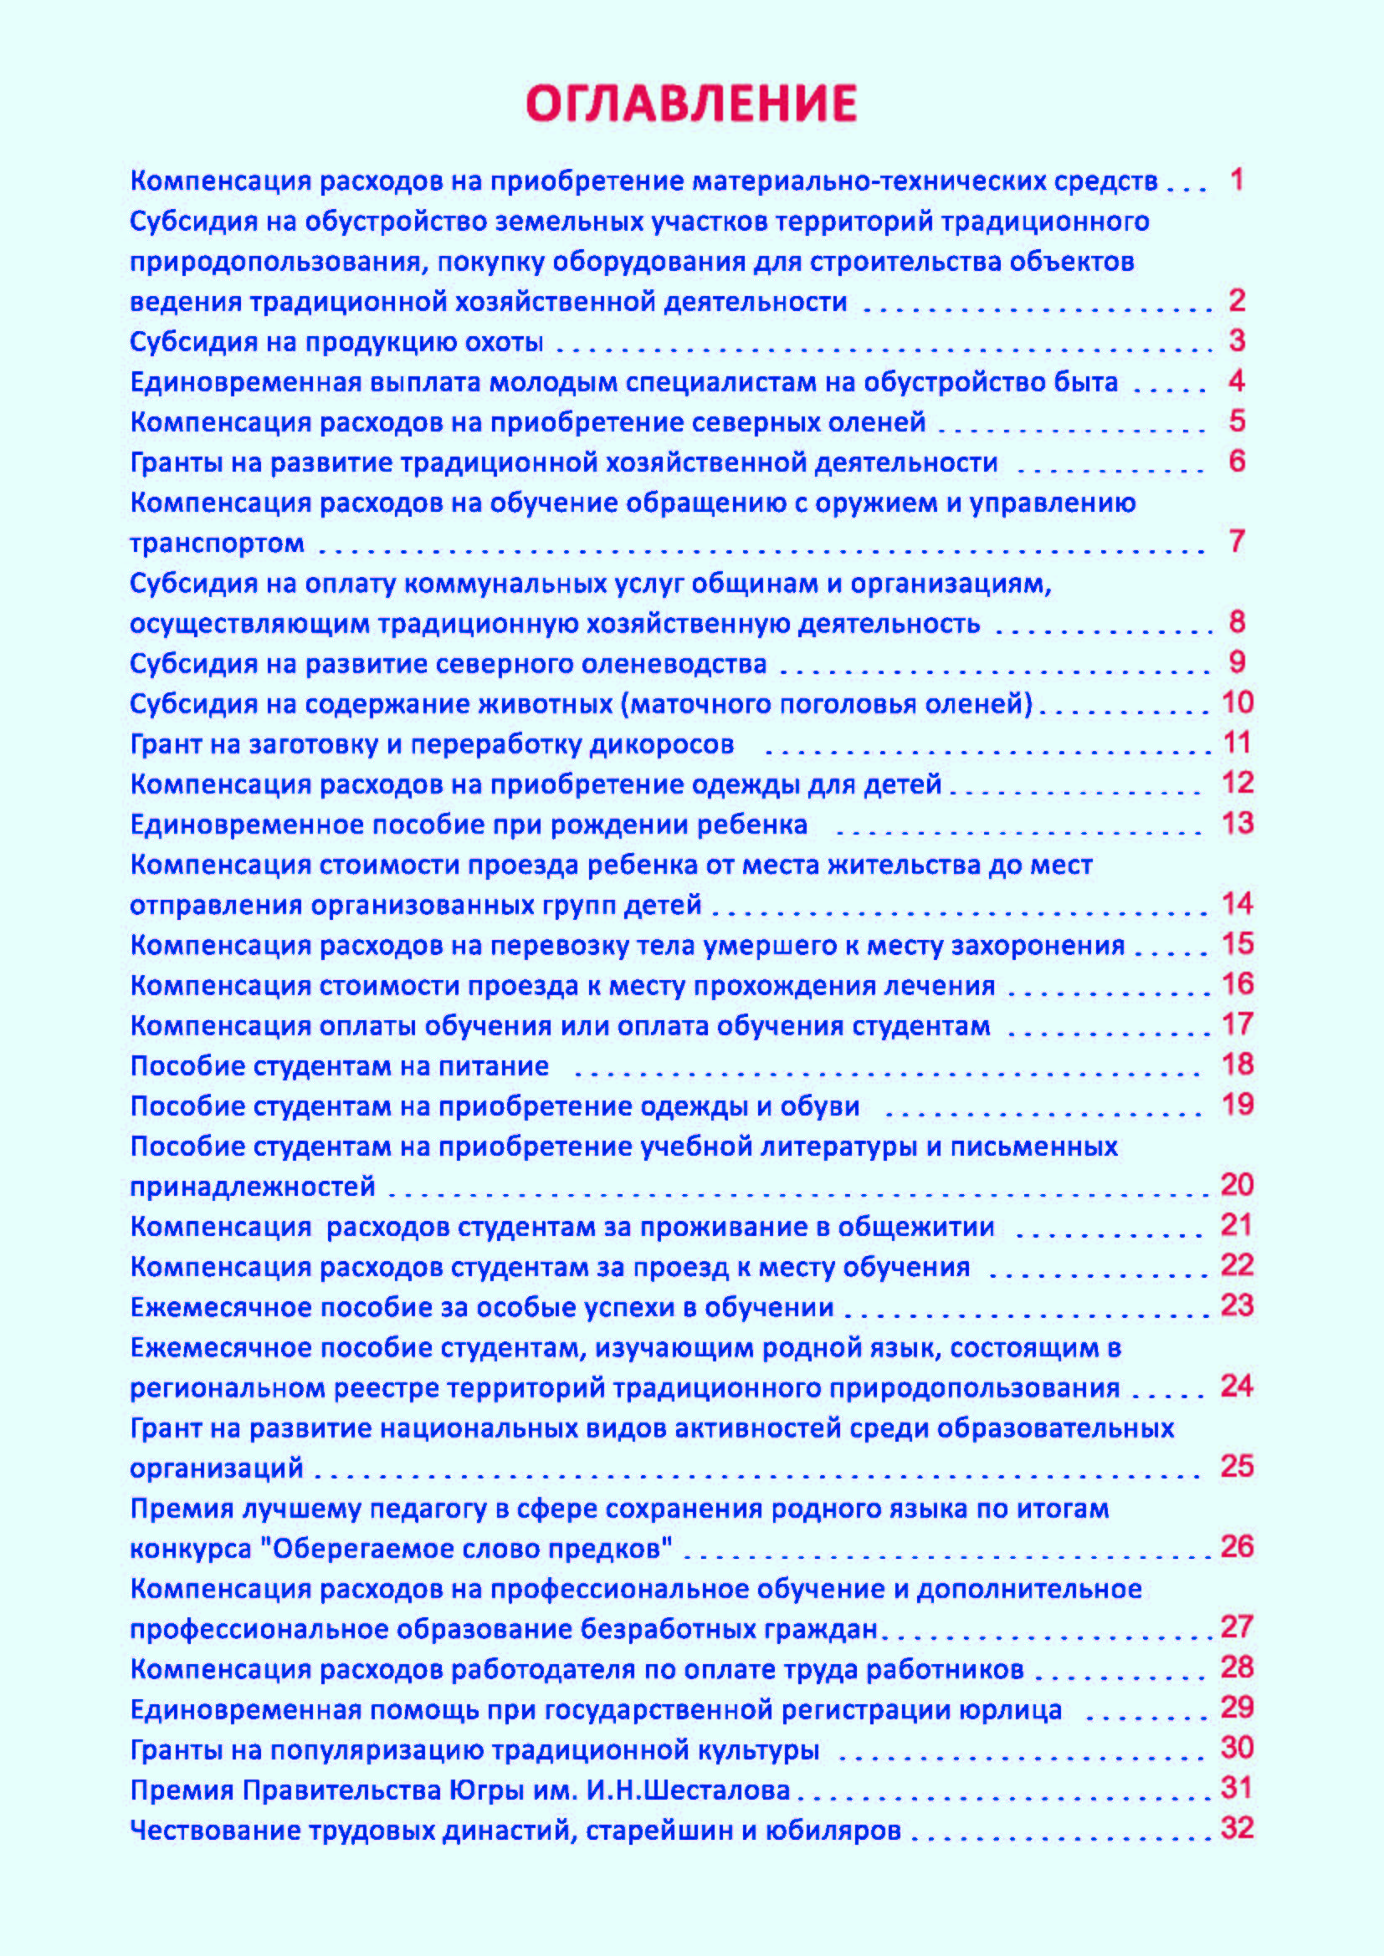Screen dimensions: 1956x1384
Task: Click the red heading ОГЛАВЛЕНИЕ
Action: (x=691, y=103)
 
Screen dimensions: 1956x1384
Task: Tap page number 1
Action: (x=1238, y=179)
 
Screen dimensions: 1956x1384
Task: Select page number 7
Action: (x=1238, y=541)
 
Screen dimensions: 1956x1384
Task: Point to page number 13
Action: (x=1238, y=823)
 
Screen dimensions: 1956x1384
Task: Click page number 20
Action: (x=1238, y=1185)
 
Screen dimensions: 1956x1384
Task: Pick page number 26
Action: (x=1238, y=1546)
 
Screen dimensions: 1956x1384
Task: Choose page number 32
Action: (x=1238, y=1828)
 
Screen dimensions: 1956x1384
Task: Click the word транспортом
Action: (x=217, y=543)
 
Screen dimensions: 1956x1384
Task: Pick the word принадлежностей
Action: (x=252, y=1187)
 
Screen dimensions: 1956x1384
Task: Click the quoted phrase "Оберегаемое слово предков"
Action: (x=465, y=1548)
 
